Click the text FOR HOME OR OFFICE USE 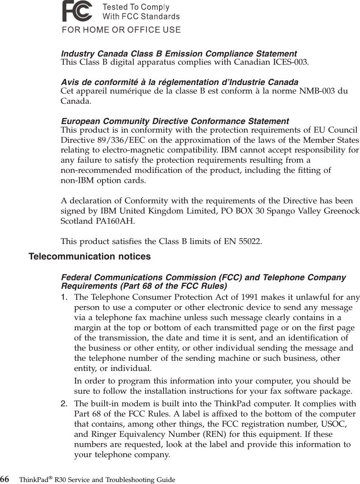[x=121, y=30]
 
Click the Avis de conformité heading [x=179, y=83]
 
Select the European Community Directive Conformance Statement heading [x=175, y=122]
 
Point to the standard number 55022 [x=248, y=242]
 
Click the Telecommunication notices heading [x=89, y=257]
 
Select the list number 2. [x=64, y=403]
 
